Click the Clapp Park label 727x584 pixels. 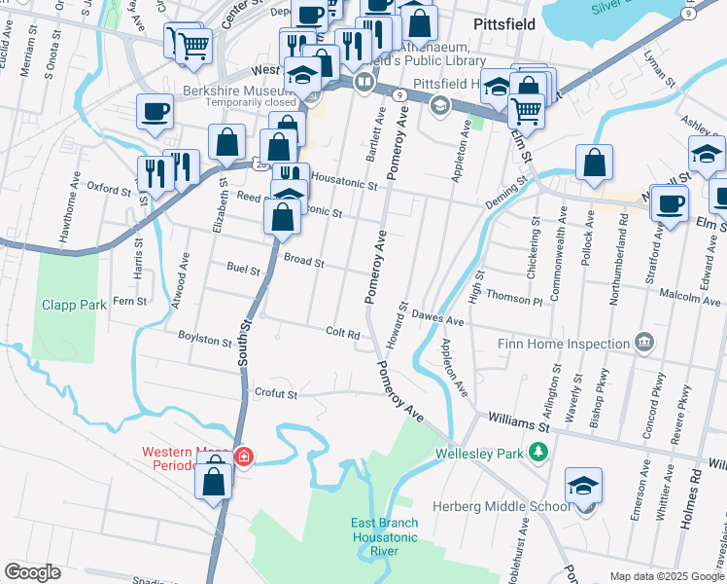(74, 305)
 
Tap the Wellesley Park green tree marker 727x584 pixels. (537, 453)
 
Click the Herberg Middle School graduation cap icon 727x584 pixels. (583, 486)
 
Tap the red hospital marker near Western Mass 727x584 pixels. (243, 456)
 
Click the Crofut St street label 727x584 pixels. (274, 394)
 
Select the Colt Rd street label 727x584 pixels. (343, 332)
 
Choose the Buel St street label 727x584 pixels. (243, 270)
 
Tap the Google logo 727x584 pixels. (32, 572)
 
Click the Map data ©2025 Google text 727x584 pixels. (666, 576)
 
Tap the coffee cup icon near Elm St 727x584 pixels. (670, 204)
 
